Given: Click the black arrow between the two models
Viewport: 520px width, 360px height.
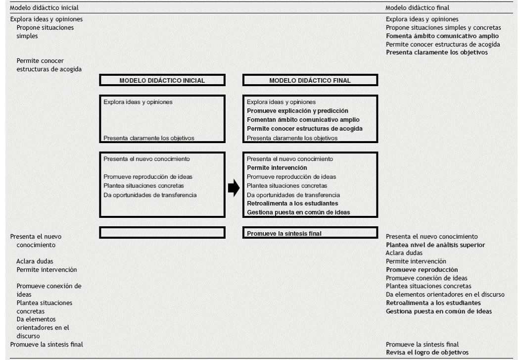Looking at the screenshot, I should [x=234, y=189].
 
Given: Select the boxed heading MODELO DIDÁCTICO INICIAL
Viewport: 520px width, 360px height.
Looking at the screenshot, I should [x=162, y=80].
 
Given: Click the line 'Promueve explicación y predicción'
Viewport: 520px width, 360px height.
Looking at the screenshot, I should [x=297, y=111].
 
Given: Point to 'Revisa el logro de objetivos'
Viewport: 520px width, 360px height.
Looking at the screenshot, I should [x=427, y=352].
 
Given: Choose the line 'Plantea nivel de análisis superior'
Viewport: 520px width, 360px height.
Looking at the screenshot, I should [x=435, y=245].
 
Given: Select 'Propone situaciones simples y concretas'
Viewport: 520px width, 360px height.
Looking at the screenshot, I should [x=443, y=28].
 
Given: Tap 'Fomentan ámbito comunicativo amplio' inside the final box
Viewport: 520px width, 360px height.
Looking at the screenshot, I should [x=303, y=120].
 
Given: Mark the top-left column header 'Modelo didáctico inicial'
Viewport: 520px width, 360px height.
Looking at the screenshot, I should [x=44, y=8].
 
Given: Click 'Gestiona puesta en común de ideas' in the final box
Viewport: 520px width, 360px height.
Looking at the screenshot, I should [x=298, y=212].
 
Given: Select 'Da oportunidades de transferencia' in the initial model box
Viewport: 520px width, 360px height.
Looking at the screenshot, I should [x=150, y=195].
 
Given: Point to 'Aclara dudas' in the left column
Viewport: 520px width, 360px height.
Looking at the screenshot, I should [x=35, y=261].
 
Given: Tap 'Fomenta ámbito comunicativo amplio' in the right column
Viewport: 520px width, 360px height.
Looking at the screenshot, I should [x=442, y=36].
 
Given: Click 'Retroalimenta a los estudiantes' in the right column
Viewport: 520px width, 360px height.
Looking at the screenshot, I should [x=433, y=303].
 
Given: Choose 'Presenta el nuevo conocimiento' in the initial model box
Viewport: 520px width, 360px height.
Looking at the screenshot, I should [x=146, y=159].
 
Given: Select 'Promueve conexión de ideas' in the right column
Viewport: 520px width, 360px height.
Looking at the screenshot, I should [x=426, y=278].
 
